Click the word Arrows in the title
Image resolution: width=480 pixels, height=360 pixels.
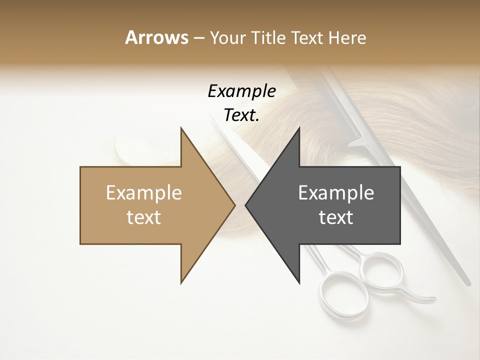click(156, 37)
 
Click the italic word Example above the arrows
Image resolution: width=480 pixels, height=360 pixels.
click(241, 91)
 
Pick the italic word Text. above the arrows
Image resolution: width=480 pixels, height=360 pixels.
click(241, 115)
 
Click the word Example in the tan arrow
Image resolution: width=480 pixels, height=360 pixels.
click(143, 192)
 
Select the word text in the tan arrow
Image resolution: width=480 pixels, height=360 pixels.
click(143, 217)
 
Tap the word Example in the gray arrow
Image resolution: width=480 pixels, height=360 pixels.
click(336, 192)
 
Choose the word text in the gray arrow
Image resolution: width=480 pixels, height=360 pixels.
click(336, 217)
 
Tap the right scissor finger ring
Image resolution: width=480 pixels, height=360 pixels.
click(382, 273)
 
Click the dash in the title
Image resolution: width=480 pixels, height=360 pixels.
click(198, 38)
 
